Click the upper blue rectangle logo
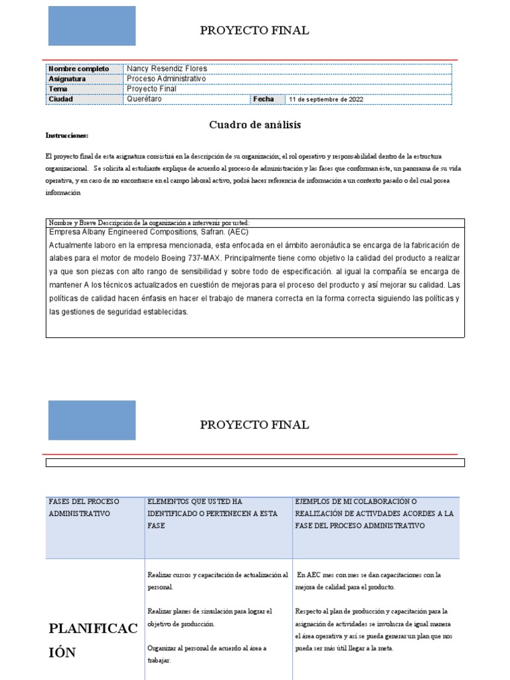tap(92, 26)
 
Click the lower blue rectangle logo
tap(92, 420)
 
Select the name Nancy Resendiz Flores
tap(167, 68)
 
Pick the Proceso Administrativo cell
tap(166, 78)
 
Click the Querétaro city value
tap(144, 99)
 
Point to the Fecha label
tap(263, 99)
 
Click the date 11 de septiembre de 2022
tap(326, 100)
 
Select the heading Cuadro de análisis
tap(255, 124)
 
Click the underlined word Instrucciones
tap(67, 135)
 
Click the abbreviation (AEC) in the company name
tap(238, 232)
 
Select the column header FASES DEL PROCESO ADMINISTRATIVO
tap(80, 507)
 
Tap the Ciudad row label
tap(61, 99)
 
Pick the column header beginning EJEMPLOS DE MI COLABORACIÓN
tap(374, 513)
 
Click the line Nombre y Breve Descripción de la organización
tap(149, 222)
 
